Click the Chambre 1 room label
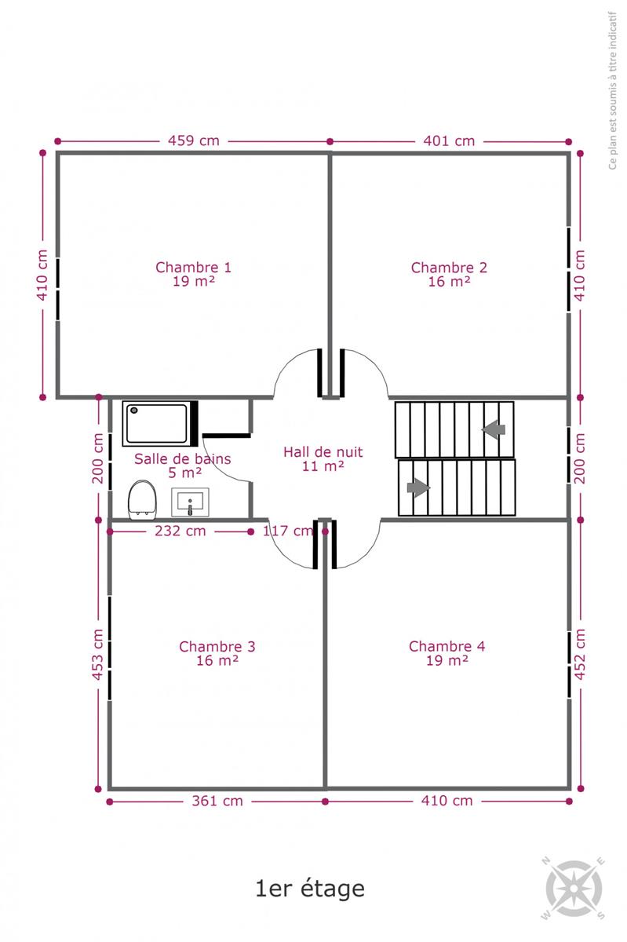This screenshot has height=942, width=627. click(x=194, y=274)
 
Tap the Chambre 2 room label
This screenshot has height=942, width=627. click(x=449, y=274)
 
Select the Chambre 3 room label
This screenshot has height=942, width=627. click(x=217, y=653)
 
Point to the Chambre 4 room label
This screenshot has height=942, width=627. click(x=447, y=652)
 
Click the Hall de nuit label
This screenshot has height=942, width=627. click(x=323, y=458)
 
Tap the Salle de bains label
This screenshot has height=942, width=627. click(x=183, y=466)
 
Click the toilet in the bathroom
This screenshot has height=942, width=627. click(x=142, y=499)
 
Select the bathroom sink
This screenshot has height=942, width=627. click(x=190, y=502)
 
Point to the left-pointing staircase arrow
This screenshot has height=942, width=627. click(x=494, y=429)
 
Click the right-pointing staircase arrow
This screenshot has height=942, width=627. click(x=418, y=487)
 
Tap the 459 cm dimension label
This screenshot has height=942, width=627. click(x=194, y=141)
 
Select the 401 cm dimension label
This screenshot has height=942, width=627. click(x=449, y=141)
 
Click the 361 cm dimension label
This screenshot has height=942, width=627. click(x=217, y=801)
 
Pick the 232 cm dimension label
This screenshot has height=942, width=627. click(x=180, y=531)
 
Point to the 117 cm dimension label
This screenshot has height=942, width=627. click(x=289, y=531)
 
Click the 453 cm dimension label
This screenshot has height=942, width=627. click(x=97, y=655)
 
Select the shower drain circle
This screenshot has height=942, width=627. click(x=134, y=410)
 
